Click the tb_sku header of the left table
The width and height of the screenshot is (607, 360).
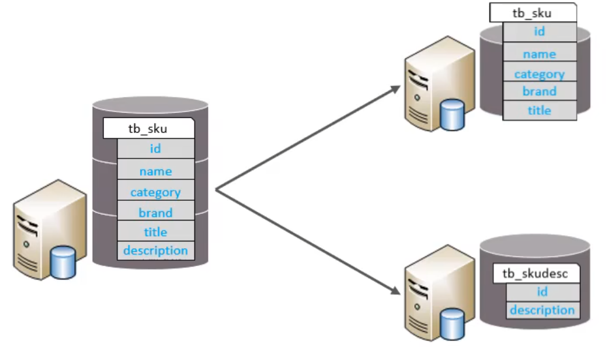click(x=148, y=128)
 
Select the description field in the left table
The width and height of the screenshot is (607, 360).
click(x=155, y=250)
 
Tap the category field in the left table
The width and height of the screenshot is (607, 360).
click(x=155, y=192)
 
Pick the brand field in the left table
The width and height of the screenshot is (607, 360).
click(x=155, y=213)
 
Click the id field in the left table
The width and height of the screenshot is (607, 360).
click(x=155, y=149)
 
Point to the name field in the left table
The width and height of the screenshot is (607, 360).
click(x=155, y=172)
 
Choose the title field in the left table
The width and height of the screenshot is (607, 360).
click(x=155, y=232)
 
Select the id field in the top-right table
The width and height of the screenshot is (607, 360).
click(x=539, y=32)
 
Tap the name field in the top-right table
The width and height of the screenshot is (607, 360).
click(x=539, y=54)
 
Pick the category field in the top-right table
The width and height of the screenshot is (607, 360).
click(x=539, y=74)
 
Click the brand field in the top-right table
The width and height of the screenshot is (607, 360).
click(x=539, y=91)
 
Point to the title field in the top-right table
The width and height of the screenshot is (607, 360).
click(x=539, y=110)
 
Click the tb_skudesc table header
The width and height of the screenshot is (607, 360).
click(x=535, y=273)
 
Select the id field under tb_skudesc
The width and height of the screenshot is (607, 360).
click(x=542, y=292)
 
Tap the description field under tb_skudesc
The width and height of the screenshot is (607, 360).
click(x=542, y=310)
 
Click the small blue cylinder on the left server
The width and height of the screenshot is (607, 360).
click(x=63, y=262)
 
